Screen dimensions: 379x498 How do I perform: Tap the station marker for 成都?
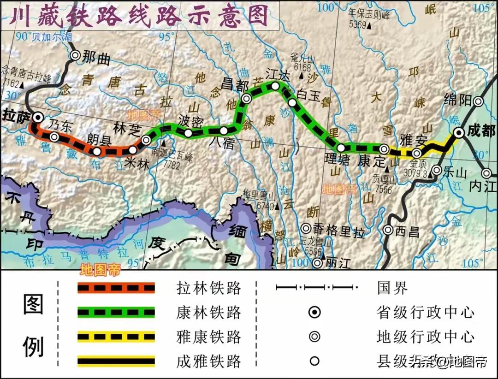459,133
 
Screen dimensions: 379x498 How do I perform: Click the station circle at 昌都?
247,98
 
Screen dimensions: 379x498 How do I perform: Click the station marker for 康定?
384,149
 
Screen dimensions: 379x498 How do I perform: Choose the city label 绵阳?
456,100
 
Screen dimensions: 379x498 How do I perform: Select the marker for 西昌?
388,230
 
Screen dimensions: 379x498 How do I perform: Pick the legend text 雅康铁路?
208,337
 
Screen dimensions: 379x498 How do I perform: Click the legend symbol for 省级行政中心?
314,313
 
